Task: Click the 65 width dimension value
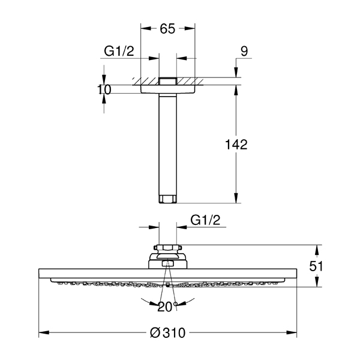coord(167,29)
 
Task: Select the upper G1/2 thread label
coord(119,51)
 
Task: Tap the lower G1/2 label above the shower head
coord(205,220)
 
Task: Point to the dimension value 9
coord(244,51)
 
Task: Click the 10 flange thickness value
coord(104,89)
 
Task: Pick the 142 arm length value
coord(236,145)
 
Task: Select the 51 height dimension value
coord(316,266)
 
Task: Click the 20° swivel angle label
coord(167,307)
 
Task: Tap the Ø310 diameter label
coord(167,332)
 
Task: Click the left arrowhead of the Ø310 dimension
coord(44,332)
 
